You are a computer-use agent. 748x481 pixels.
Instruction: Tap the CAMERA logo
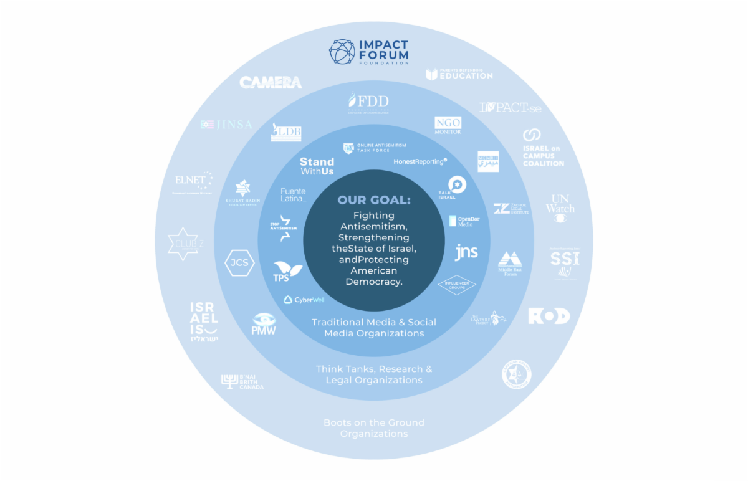[271, 82]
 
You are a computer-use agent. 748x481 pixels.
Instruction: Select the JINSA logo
[226, 125]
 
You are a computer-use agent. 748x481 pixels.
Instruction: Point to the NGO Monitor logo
[448, 125]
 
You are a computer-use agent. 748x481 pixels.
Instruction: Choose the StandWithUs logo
[317, 166]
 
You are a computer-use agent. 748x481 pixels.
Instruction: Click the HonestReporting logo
[420, 161]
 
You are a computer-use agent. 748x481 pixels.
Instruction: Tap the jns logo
[466, 252]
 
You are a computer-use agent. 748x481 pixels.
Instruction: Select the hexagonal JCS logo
[239, 262]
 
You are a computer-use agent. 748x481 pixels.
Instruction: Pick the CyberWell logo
[304, 300]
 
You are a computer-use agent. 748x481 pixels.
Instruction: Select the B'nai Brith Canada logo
[242, 382]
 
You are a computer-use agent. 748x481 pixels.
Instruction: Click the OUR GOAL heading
[374, 201]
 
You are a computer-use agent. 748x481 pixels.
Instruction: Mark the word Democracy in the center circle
[374, 282]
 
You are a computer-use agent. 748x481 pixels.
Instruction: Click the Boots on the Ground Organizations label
[374, 427]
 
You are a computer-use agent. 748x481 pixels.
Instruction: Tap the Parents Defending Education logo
[459, 74]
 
